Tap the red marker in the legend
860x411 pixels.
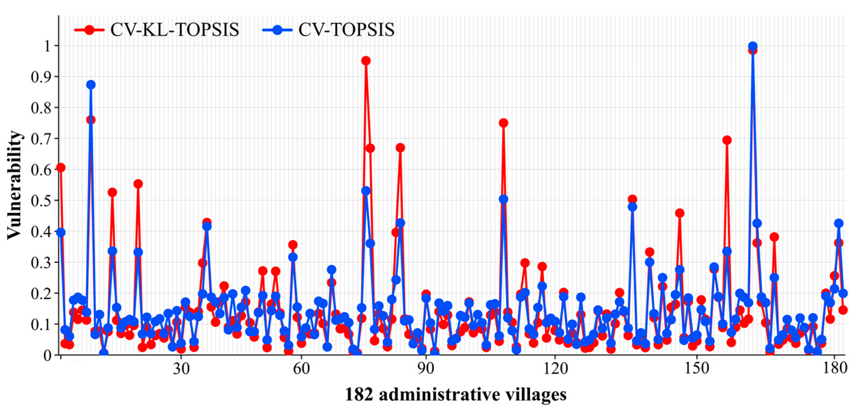pyautogui.click(x=89, y=30)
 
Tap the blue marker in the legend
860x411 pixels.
pyautogui.click(x=277, y=30)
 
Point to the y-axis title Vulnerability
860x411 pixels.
pyautogui.click(x=14, y=185)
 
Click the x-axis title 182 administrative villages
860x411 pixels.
pyautogui.click(x=455, y=394)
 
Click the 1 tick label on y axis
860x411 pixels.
pyautogui.click(x=47, y=46)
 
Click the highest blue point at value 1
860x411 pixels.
pyautogui.click(x=752, y=46)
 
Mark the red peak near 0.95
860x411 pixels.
pyautogui.click(x=366, y=61)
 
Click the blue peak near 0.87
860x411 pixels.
pyautogui.click(x=90, y=85)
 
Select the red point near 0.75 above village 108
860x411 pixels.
pyautogui.click(x=503, y=123)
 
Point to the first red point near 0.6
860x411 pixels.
pyautogui.click(x=61, y=168)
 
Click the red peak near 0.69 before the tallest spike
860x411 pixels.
pyautogui.click(x=727, y=140)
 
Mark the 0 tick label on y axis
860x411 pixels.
pyautogui.click(x=47, y=355)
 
